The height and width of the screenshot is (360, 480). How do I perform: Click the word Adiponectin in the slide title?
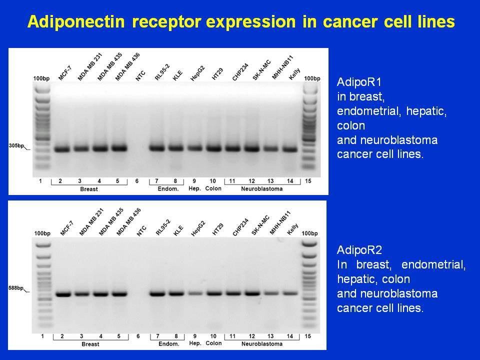pos(76,21)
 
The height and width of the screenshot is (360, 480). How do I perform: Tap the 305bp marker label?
pos(16,145)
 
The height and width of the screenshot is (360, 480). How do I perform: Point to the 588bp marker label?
pos(16,288)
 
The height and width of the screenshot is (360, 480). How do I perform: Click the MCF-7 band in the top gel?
pos(62,149)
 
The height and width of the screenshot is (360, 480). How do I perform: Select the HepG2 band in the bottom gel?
pos(195,293)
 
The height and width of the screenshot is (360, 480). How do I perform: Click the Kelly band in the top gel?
pos(290,149)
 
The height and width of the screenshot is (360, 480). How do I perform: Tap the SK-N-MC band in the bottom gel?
pos(252,293)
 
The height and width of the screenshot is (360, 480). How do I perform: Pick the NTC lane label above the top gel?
pos(140,75)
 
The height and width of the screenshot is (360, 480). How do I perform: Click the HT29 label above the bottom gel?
pos(217,229)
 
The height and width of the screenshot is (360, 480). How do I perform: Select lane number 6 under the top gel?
pos(137,181)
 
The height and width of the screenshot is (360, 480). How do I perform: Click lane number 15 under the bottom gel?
pos(307,336)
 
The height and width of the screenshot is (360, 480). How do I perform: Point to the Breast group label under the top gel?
pos(89,189)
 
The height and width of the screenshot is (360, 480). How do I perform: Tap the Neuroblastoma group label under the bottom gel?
pos(262,344)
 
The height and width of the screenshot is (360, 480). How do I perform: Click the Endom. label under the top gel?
pos(168,189)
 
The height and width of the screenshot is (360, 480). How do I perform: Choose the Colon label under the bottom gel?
pos(213,343)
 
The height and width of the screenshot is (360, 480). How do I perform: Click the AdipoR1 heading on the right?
pos(359,82)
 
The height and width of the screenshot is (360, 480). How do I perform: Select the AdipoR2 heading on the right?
pos(359,250)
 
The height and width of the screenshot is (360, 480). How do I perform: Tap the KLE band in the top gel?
pos(176,148)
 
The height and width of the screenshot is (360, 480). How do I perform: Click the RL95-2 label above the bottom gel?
pos(163,227)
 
